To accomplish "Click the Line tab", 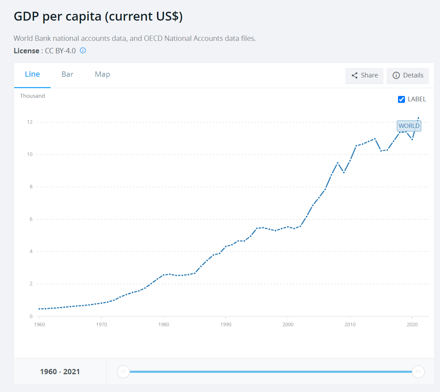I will pyautogui.click(x=32, y=74).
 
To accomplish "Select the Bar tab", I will pyautogui.click(x=67, y=74).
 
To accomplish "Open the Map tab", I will pyautogui.click(x=103, y=74).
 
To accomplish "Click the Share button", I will pyautogui.click(x=364, y=75).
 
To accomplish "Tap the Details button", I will pyautogui.click(x=408, y=75).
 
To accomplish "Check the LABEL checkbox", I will pyautogui.click(x=401, y=100).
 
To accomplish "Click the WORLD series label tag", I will pyautogui.click(x=409, y=126).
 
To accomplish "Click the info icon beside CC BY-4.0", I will pyautogui.click(x=83, y=50).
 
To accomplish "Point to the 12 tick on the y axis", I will pyautogui.click(x=30, y=122).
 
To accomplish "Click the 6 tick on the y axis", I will pyautogui.click(x=31, y=219).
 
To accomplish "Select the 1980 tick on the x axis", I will pyautogui.click(x=164, y=324).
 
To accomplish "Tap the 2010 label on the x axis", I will pyautogui.click(x=350, y=324).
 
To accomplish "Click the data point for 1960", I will pyautogui.click(x=40, y=309).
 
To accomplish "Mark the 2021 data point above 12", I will pyautogui.click(x=418, y=118).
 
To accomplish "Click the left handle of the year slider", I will pyautogui.click(x=124, y=372).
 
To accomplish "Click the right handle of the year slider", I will pyautogui.click(x=418, y=372).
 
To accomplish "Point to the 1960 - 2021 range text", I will pyautogui.click(x=60, y=372).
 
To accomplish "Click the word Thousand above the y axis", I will pyautogui.click(x=32, y=96).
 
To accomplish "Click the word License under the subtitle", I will pyautogui.click(x=26, y=51).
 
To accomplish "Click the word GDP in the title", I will pyautogui.click(x=26, y=16).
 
